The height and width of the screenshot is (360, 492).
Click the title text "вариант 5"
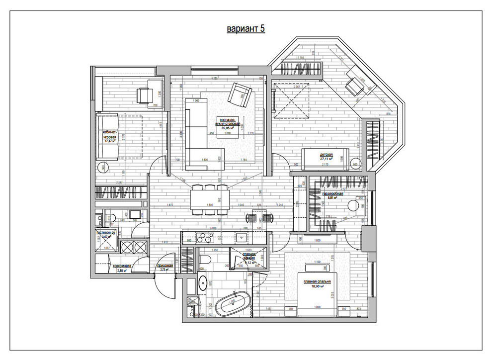tap(246, 29)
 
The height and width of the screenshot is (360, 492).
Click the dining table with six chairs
tap(209, 199)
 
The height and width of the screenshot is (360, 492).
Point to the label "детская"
tap(326, 155)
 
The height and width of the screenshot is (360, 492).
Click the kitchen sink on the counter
tap(241, 236)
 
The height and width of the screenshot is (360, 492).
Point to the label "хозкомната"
tap(121, 266)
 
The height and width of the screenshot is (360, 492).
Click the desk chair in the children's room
tap(353, 87)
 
